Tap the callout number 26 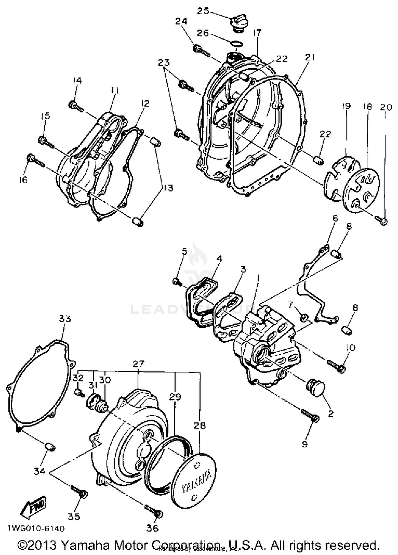[203, 33]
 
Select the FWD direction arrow [34, 508]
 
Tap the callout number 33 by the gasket [65, 319]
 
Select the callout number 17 [257, 33]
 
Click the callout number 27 [139, 364]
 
